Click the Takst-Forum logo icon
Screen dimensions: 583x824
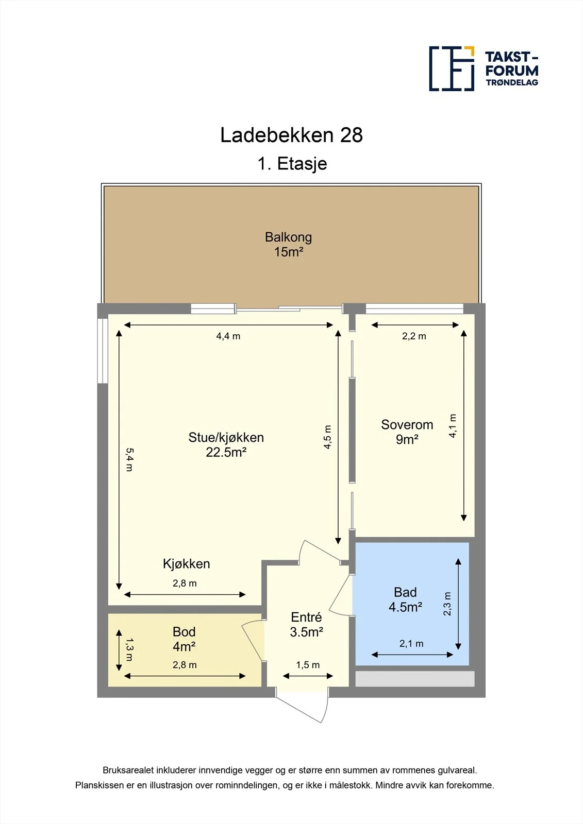[x=452, y=69]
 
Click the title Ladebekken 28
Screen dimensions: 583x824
[x=291, y=135]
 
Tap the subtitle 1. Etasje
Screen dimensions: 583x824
[x=292, y=163]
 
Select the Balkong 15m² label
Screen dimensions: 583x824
[x=288, y=244]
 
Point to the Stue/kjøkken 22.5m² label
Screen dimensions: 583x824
[x=226, y=444]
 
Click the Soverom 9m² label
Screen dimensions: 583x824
[x=407, y=432]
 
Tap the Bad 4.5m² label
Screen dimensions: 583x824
[x=405, y=599]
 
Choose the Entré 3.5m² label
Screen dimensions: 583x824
[x=306, y=625]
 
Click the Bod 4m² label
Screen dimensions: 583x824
[x=184, y=639]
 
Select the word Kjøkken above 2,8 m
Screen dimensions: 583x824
[x=187, y=563]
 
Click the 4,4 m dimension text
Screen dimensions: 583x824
[x=228, y=336]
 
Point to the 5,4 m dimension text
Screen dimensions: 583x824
[x=129, y=459]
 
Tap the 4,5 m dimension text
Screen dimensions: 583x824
[x=327, y=437]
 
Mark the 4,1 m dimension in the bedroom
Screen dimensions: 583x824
[x=453, y=425]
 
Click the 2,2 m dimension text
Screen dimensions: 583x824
[x=414, y=336]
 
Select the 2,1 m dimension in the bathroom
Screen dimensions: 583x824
[x=411, y=643]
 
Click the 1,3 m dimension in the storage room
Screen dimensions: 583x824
[x=129, y=649]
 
